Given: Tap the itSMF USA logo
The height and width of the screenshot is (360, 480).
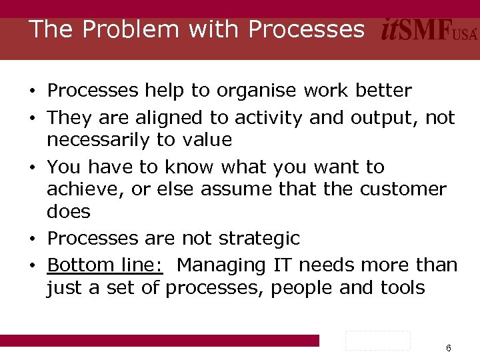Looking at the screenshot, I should tap(429, 30).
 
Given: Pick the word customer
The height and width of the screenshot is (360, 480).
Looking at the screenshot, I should tap(403, 189).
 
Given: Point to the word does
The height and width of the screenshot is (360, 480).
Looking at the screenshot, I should tap(69, 212).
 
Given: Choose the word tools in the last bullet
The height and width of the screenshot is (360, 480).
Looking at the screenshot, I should tap(402, 288).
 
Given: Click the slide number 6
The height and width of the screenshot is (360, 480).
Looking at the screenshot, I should tap(449, 349).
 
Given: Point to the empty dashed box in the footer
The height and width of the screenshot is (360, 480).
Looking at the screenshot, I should tap(377, 341).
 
